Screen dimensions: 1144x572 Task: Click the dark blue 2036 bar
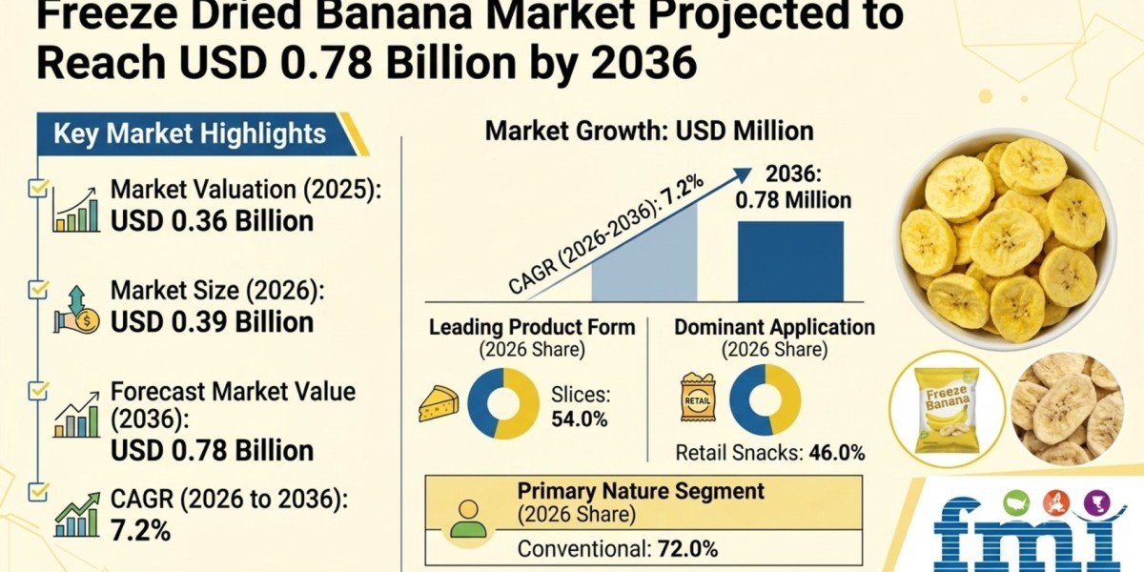point(790,261)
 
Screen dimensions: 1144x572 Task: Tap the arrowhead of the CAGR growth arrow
point(743,174)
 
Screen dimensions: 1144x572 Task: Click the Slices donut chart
point(503,403)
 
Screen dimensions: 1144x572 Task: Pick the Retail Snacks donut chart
point(765,399)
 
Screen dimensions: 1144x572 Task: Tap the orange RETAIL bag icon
point(698,398)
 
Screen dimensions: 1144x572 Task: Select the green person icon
point(468,519)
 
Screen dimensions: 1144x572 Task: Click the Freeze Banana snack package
point(947,410)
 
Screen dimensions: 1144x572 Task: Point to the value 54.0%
point(580,419)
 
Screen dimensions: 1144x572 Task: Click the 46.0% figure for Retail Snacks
point(837,453)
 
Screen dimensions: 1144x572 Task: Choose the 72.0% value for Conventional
point(688,549)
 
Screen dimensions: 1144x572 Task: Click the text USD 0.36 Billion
point(212,221)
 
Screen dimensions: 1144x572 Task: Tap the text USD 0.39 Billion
point(212,322)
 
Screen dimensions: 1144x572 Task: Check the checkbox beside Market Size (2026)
point(37,290)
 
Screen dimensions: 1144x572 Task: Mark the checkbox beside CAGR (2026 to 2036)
point(37,492)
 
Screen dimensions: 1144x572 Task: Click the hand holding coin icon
point(76,311)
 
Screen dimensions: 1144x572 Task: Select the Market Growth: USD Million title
point(649,132)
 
